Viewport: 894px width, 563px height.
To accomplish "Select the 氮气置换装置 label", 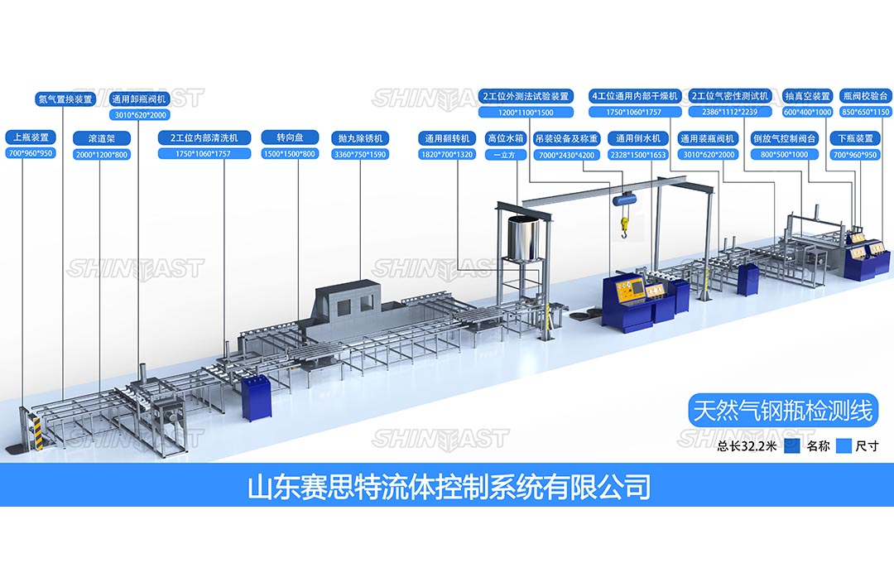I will coord(65,99).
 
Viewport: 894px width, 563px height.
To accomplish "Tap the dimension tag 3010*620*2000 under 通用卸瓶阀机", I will coord(138,115).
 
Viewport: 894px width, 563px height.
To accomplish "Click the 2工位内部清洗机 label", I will coord(204,137).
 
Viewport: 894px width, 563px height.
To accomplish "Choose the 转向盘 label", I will coord(289,137).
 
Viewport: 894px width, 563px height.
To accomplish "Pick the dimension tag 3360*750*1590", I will coord(360,154).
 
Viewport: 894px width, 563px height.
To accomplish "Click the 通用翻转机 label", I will coord(447,138).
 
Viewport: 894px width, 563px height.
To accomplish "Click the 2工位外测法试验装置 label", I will coord(526,96).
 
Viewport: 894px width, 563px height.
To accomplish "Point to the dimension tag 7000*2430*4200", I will coord(566,155).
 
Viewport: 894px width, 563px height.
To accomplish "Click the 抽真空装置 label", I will coord(807,96).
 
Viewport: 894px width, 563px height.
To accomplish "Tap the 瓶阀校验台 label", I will coord(865,96).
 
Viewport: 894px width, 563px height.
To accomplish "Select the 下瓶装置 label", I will coord(853,138).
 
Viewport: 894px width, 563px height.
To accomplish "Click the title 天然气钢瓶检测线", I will coord(782,408).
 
